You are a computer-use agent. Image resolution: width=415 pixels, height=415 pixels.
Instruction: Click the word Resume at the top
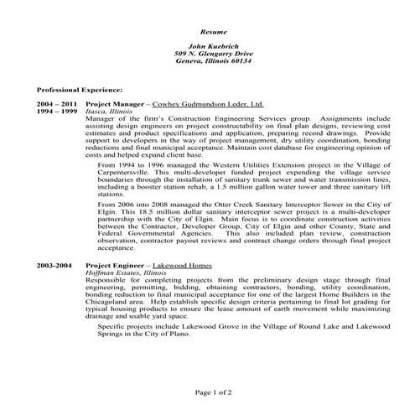tap(207, 29)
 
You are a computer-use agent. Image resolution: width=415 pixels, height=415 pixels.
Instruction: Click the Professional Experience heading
tap(80, 88)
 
